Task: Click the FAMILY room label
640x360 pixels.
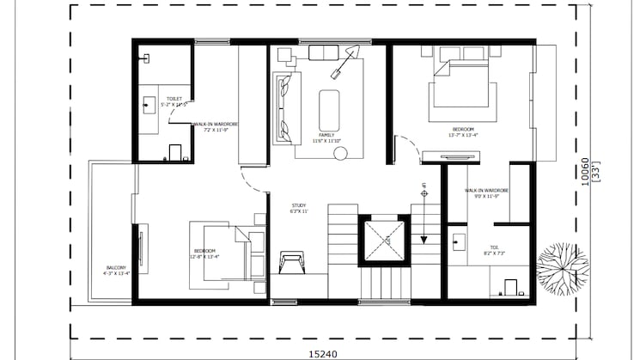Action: click(326, 135)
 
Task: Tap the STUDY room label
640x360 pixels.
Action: click(299, 205)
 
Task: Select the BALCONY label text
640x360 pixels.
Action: click(116, 267)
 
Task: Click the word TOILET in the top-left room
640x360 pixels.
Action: click(174, 99)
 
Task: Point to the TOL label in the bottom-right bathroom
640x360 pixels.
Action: click(494, 247)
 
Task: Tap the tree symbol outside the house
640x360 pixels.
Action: click(563, 267)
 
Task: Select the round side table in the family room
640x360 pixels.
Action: click(340, 154)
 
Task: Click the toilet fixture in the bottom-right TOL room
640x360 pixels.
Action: click(510, 286)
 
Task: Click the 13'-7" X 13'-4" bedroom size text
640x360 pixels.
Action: click(463, 134)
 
